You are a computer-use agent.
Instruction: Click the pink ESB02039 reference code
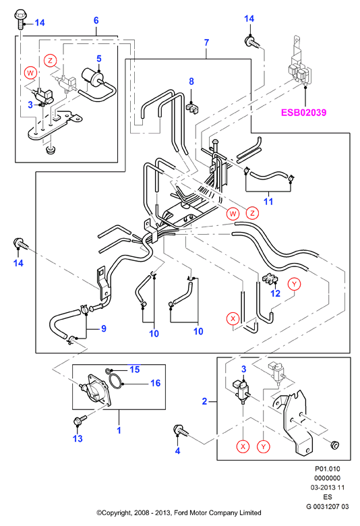click(303, 112)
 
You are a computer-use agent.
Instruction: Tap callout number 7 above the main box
click(206, 42)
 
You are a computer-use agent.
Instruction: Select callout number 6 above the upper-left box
click(96, 20)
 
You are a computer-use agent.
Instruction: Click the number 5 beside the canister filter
click(99, 59)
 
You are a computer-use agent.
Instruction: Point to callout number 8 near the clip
click(191, 82)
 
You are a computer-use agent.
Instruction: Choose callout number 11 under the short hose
click(268, 202)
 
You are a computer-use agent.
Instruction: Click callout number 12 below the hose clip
click(276, 293)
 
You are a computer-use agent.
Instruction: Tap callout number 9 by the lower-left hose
click(104, 328)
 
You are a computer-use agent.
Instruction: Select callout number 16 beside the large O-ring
click(155, 383)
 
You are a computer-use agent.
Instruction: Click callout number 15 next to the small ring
click(135, 370)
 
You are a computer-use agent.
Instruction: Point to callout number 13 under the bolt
click(78, 438)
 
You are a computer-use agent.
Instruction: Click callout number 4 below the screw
click(177, 451)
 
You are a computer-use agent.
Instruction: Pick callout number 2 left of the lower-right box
click(205, 401)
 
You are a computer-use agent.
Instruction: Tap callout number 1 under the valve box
click(119, 430)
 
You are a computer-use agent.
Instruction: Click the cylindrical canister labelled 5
click(92, 77)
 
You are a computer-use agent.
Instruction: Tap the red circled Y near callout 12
click(294, 284)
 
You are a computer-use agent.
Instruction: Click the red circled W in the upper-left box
click(30, 73)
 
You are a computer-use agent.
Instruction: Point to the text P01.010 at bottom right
click(327, 469)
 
